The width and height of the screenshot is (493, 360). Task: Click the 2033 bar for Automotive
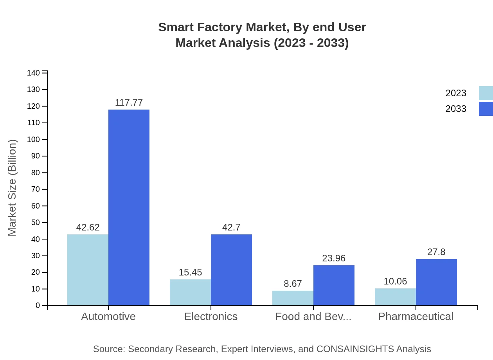tap(129, 207)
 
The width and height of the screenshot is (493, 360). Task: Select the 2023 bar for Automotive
tap(88, 270)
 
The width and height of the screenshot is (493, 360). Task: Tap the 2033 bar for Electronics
tap(231, 270)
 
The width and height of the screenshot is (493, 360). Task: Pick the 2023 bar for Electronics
tap(190, 292)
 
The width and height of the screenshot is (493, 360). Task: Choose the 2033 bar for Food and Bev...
tap(334, 285)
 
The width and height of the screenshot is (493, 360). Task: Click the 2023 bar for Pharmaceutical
tap(395, 297)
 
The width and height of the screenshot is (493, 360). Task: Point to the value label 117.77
tap(129, 103)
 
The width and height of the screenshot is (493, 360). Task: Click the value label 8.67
tap(293, 284)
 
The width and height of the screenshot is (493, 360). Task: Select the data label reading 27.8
tap(436, 252)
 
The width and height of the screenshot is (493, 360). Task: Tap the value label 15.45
tap(190, 272)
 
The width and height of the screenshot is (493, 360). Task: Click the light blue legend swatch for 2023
tap(486, 93)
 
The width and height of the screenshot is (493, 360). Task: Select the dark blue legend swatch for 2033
tap(486, 109)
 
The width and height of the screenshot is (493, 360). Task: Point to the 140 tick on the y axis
tap(34, 73)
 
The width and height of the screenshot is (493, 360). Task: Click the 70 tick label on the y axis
tap(35, 189)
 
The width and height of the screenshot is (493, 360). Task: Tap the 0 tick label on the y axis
tap(38, 306)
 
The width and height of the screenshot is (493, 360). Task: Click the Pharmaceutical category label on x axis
tap(416, 316)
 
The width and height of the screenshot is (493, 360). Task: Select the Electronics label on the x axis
tap(211, 316)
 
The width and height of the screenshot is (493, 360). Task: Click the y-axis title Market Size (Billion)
tap(13, 188)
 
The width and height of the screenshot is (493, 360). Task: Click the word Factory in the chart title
tap(221, 27)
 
